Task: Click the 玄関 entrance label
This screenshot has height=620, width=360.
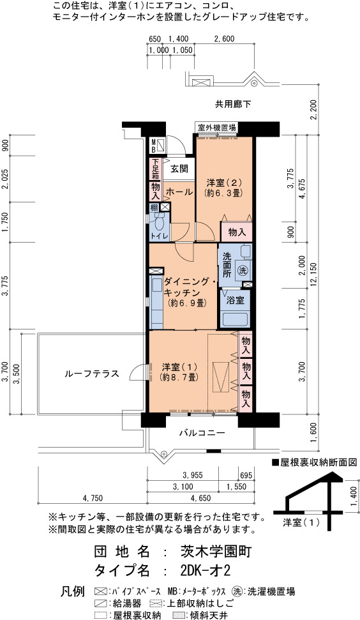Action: click(x=179, y=169)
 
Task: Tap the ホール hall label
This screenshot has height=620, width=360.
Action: click(x=179, y=192)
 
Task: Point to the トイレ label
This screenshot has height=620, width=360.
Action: click(x=159, y=236)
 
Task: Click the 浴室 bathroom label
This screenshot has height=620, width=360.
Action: click(x=235, y=300)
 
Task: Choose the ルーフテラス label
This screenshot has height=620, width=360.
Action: click(x=92, y=374)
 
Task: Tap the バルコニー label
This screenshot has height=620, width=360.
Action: click(x=202, y=433)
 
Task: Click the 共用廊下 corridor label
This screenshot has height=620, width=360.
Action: click(x=233, y=104)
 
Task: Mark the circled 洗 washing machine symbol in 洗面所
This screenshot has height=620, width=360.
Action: click(x=242, y=271)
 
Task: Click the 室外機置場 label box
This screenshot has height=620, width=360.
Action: click(x=217, y=127)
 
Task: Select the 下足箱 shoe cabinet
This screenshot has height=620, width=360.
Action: click(x=155, y=169)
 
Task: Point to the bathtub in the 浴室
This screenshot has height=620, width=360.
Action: click(x=235, y=319)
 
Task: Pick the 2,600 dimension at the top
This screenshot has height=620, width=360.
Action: click(x=224, y=39)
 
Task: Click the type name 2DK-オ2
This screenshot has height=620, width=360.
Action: click(x=205, y=571)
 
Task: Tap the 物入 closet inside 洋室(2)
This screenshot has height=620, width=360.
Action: click(x=237, y=232)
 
